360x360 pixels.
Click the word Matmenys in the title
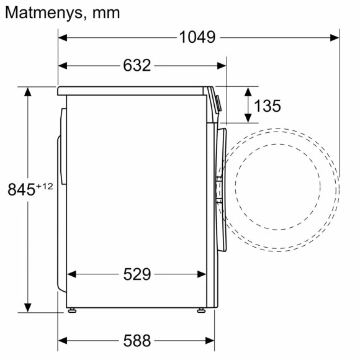point(42,12)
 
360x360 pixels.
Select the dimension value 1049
point(197,37)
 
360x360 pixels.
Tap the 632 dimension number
point(137,65)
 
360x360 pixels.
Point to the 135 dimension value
point(268,106)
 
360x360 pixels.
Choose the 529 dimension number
point(137,274)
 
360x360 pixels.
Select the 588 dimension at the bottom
point(137,340)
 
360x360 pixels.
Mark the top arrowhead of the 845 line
point(28,91)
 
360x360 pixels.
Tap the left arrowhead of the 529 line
point(71,274)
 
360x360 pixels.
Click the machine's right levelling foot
point(200,310)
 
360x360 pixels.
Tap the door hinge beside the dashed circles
point(218,189)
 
